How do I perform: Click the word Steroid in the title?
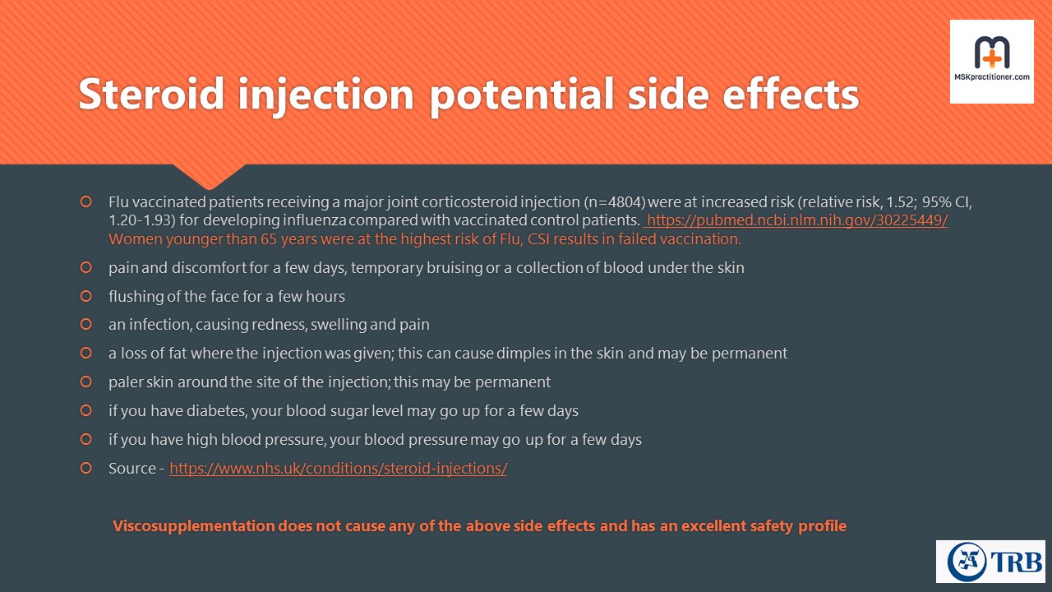[151, 94]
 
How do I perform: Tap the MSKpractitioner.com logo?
[991, 62]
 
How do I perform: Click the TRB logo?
[990, 562]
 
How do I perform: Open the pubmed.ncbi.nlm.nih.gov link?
[796, 220]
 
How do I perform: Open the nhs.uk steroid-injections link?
[338, 469]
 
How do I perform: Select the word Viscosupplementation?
[193, 525]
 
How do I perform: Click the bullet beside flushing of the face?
[86, 296]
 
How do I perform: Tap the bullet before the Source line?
[86, 468]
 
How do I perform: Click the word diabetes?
[216, 410]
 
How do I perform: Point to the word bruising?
[454, 268]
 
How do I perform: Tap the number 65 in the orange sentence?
[269, 239]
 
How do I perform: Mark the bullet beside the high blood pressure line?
[86, 439]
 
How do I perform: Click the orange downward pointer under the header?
[209, 176]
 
